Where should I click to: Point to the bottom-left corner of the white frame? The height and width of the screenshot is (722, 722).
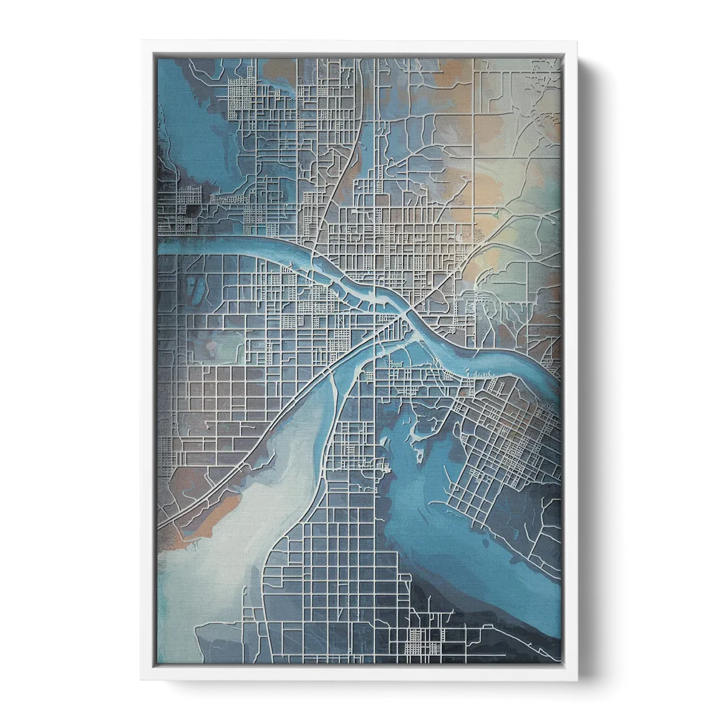[142, 681]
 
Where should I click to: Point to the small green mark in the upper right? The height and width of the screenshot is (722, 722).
[495, 214]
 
